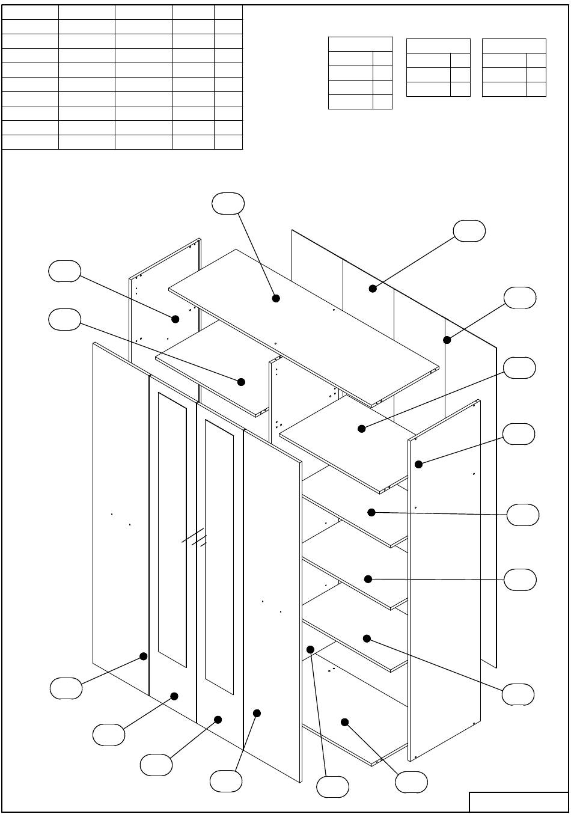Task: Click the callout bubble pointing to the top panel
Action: point(228,204)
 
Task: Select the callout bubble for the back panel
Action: point(469,231)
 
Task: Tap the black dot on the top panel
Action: point(276,298)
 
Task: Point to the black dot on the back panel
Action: point(373,289)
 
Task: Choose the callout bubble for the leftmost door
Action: point(66,688)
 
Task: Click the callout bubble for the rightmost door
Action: point(226,781)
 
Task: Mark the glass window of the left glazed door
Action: point(173,529)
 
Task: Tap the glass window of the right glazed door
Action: point(219,556)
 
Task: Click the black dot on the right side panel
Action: point(418,464)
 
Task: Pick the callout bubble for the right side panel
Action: point(518,434)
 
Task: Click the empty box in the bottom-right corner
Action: point(518,802)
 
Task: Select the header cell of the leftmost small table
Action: point(360,44)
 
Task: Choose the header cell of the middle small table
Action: point(438,46)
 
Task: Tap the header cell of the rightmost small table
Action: point(514,46)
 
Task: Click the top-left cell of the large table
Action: point(31,12)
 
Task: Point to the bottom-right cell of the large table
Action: point(228,142)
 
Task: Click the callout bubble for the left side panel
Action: point(64,271)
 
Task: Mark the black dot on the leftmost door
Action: point(144,656)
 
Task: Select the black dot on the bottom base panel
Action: point(345,721)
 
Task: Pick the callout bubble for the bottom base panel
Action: point(412,782)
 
